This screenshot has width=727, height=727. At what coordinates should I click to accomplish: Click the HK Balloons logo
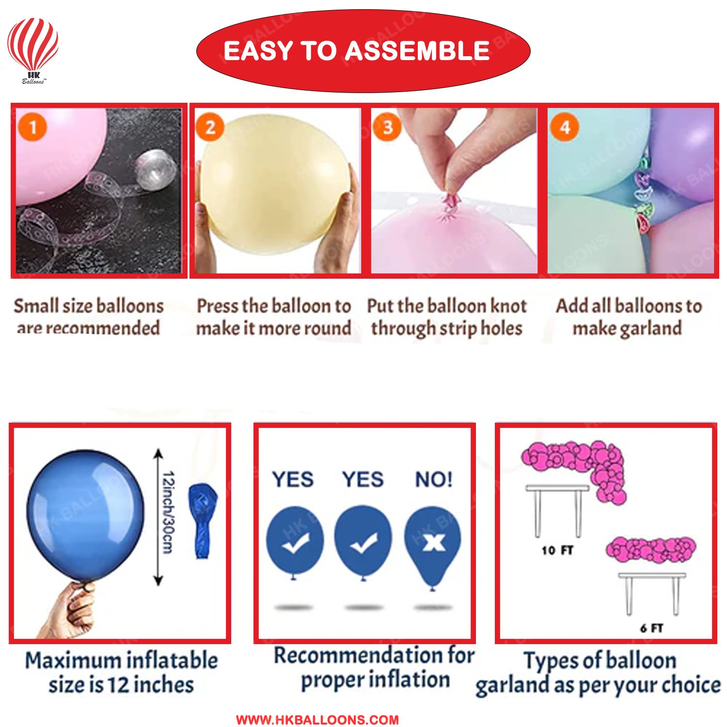[x=33, y=50]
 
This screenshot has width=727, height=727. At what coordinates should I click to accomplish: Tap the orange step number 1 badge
[x=32, y=127]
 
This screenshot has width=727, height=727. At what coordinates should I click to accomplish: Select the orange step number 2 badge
[x=210, y=127]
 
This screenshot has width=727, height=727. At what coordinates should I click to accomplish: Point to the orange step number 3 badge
[x=387, y=127]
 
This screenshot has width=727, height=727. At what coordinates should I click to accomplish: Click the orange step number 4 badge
[x=565, y=127]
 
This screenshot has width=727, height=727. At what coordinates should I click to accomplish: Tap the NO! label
[x=434, y=479]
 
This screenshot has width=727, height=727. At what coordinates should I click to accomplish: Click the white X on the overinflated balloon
[x=434, y=542]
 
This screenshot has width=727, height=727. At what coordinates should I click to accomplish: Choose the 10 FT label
[x=557, y=550]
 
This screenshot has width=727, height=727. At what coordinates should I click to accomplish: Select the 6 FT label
[x=651, y=628]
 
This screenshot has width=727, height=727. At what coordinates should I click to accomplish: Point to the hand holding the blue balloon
[x=68, y=608]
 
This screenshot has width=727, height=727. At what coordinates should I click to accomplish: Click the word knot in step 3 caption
[x=508, y=306]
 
